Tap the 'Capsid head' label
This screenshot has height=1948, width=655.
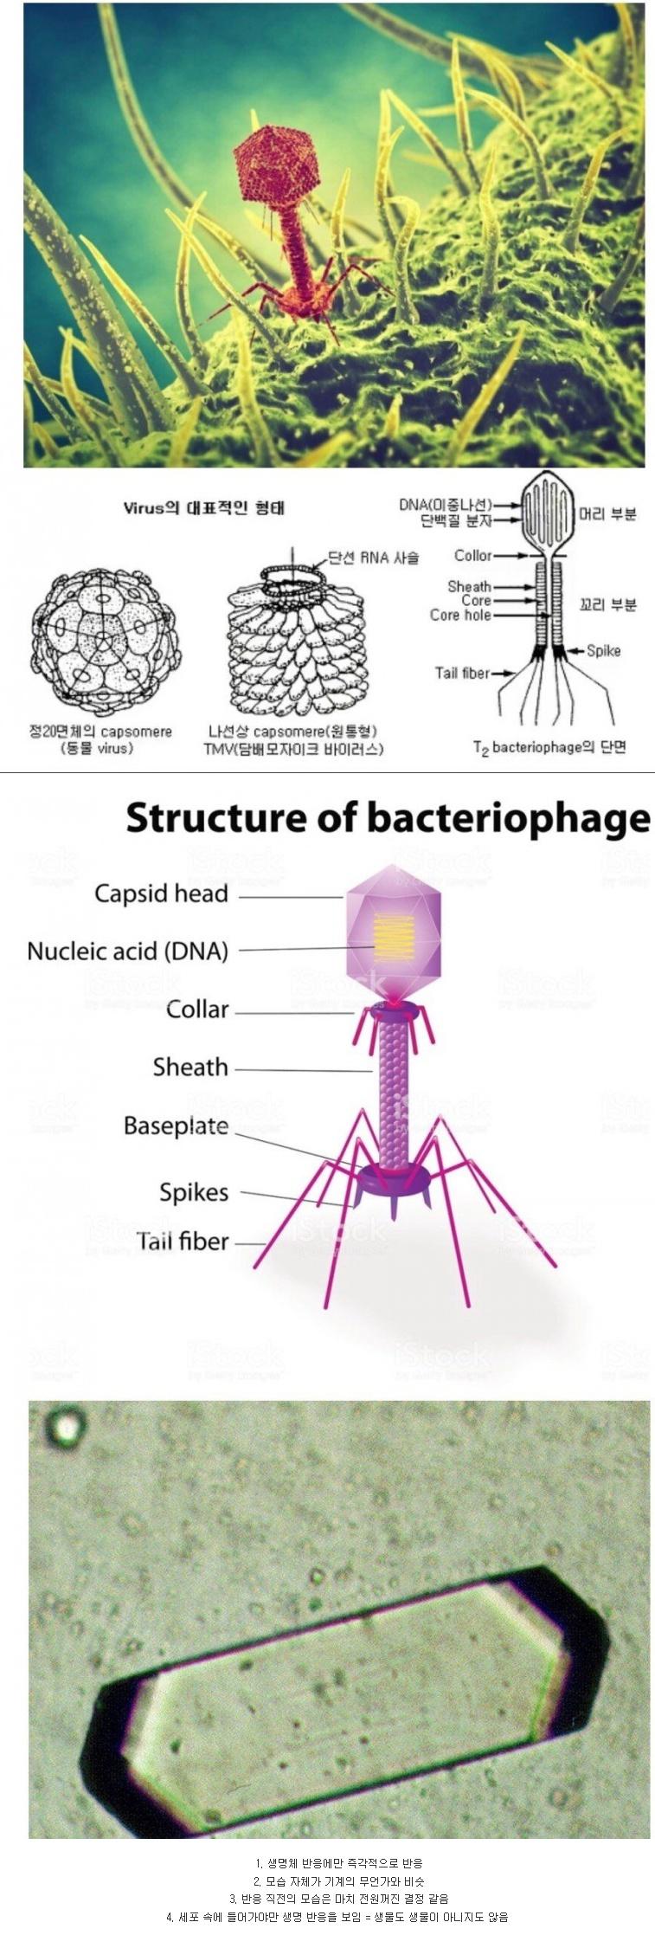tap(161, 893)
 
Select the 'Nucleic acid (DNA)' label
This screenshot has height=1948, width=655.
tap(128, 951)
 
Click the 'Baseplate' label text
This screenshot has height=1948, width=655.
tap(176, 1126)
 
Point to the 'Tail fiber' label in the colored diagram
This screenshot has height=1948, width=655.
tap(183, 1242)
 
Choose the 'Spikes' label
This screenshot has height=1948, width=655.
tap(194, 1193)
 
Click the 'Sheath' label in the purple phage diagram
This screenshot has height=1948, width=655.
tap(190, 1068)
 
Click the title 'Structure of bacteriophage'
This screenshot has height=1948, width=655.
tap(388, 818)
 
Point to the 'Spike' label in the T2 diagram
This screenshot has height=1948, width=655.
tap(603, 650)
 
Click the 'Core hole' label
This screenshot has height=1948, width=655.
tap(460, 616)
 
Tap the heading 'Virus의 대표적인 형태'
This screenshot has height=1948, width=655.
tap(203, 508)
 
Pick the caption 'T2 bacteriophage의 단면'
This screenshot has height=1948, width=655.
tap(549, 747)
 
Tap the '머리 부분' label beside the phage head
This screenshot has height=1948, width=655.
tap(607, 514)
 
